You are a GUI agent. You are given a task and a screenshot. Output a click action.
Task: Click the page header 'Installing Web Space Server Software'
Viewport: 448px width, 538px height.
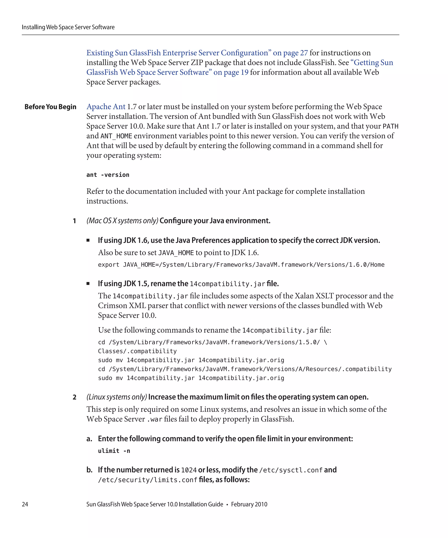(x=68, y=27)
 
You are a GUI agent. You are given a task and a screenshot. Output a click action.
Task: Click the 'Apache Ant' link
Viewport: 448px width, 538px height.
(x=106, y=107)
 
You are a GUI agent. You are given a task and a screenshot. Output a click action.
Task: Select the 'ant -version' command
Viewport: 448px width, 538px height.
(x=108, y=175)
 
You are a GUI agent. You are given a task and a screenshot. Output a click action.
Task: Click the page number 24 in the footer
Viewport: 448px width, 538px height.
(x=25, y=504)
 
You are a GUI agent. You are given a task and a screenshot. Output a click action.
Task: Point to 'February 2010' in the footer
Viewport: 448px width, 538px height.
(x=249, y=504)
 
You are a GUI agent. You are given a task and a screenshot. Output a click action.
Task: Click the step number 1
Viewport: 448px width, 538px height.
(x=75, y=221)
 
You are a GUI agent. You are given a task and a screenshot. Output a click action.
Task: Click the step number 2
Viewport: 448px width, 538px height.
(x=75, y=397)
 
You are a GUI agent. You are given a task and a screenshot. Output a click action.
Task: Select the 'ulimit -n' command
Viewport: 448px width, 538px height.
(x=114, y=451)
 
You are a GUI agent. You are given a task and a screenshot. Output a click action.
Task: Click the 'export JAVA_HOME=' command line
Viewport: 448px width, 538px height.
(x=241, y=265)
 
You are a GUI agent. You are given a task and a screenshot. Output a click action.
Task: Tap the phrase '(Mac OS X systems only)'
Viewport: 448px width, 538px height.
(x=122, y=221)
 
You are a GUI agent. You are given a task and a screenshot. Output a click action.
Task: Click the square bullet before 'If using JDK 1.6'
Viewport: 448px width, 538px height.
(x=88, y=240)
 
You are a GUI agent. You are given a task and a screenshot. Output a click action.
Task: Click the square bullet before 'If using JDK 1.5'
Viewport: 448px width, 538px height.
(x=88, y=283)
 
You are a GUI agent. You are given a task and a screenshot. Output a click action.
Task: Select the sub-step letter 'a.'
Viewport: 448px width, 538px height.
(x=89, y=439)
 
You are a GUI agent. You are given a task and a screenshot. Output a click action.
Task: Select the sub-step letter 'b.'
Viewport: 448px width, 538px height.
(x=89, y=470)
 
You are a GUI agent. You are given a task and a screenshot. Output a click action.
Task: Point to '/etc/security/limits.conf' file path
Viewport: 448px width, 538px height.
(x=148, y=480)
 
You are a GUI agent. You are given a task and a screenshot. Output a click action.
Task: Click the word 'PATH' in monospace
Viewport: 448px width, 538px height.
(x=390, y=126)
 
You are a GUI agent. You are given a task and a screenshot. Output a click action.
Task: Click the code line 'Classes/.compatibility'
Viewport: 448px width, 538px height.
(x=137, y=351)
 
